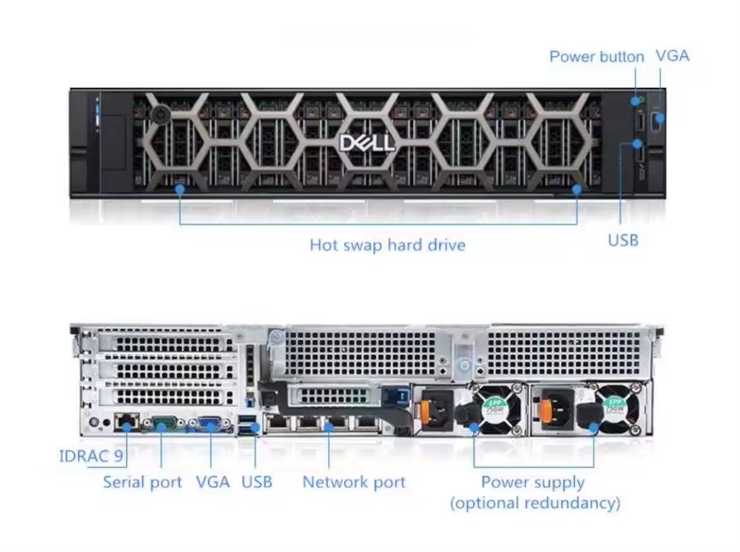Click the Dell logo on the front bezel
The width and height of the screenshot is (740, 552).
click(x=367, y=143)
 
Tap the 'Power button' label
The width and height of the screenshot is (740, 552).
click(x=596, y=57)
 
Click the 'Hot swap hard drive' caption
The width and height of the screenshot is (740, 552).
click(x=388, y=245)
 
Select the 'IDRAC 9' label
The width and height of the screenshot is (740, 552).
click(x=91, y=456)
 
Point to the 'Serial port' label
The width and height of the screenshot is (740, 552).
click(x=142, y=482)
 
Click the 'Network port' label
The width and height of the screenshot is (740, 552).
click(x=354, y=482)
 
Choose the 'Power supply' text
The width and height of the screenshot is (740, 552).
click(x=533, y=482)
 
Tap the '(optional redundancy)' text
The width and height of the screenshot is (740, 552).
click(x=535, y=503)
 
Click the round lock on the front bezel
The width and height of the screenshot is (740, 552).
click(x=161, y=113)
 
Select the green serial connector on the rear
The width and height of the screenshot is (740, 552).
click(x=163, y=423)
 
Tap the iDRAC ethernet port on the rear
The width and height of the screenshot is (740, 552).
click(x=126, y=422)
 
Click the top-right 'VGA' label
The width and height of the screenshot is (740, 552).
click(x=672, y=56)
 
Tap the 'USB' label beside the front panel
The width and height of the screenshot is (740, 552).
click(x=623, y=241)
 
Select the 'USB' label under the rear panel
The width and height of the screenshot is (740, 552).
click(x=257, y=482)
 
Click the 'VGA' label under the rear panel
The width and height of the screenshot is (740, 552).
click(x=213, y=482)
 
